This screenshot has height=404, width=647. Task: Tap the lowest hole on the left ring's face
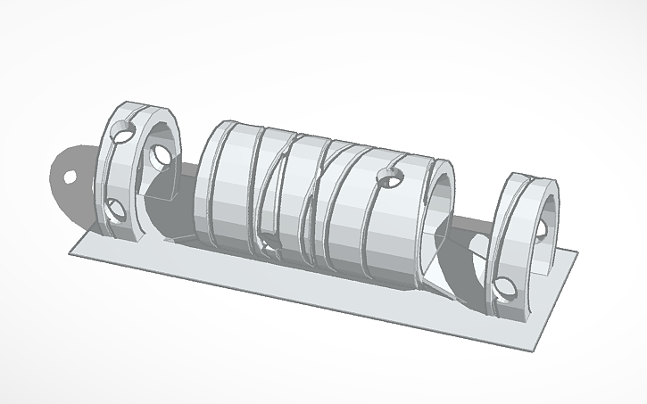pos(114,210)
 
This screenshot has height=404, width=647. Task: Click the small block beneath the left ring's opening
pos(162,190)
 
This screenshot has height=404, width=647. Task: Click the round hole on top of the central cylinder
pos(388,176)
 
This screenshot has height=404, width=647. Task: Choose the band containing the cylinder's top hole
pos(388,214)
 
